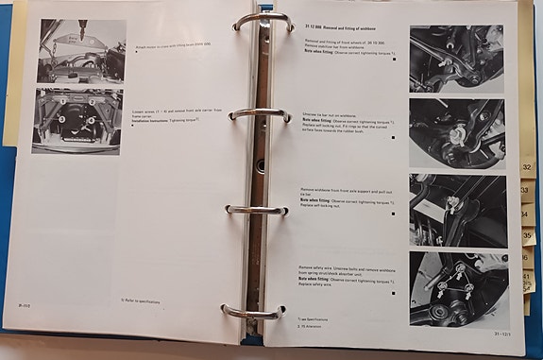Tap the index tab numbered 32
click(x=525, y=168)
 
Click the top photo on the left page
click(x=81, y=52)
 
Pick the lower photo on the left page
click(x=76, y=121)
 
